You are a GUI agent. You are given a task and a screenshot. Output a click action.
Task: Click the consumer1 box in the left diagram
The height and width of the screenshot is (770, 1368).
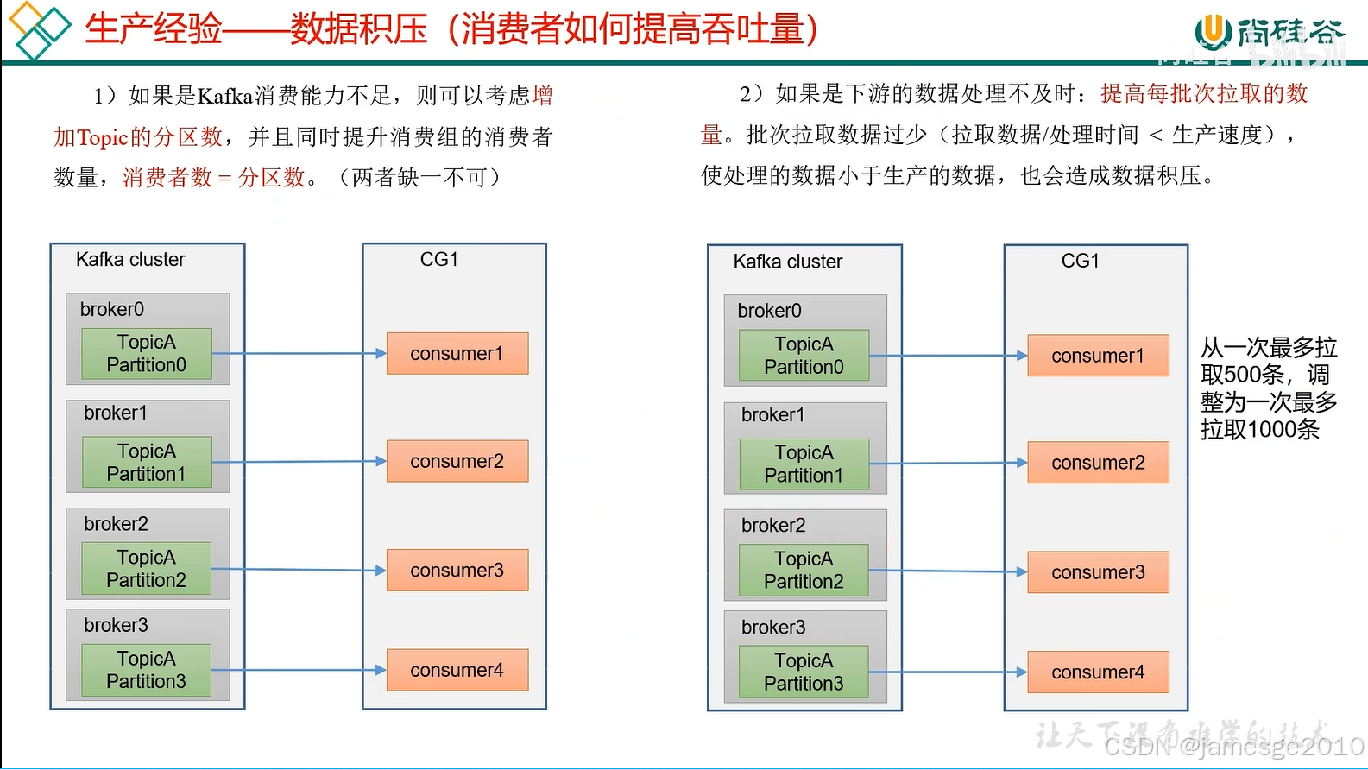coord(457,353)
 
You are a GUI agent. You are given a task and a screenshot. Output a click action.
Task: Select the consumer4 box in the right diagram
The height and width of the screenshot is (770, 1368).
coord(1098,672)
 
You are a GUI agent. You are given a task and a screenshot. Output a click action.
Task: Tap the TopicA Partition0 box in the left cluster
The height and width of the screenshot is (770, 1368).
coord(147,354)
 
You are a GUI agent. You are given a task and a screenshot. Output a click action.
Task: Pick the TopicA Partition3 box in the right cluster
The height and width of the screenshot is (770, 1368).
coord(804,672)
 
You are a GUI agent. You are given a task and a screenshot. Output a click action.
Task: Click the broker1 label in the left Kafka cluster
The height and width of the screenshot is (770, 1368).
coord(116,413)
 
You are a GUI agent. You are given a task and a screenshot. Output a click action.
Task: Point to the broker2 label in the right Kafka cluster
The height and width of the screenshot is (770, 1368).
coord(773,526)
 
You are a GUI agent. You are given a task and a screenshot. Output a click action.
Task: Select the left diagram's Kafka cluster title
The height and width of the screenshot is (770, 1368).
coord(130,260)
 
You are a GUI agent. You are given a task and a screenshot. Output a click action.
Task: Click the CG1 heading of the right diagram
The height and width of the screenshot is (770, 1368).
coord(1080,261)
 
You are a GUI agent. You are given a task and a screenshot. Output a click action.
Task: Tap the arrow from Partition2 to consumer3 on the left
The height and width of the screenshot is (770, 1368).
coord(299,570)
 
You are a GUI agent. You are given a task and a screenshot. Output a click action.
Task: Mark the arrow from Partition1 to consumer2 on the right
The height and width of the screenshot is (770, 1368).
coord(948,464)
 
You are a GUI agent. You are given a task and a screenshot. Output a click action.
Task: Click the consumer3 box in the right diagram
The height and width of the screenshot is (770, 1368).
coord(1098,572)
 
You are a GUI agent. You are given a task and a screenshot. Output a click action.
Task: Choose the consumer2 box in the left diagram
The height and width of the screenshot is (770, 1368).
coord(457,461)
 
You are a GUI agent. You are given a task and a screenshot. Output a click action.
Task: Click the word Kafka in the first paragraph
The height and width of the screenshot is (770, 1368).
coord(224,96)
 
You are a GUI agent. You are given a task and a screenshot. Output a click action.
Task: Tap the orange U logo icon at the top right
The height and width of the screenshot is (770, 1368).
coord(1213,31)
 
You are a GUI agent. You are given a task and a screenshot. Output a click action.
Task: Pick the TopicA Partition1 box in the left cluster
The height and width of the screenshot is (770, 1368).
coord(147,463)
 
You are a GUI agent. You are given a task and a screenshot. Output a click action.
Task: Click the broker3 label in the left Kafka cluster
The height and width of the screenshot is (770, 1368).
coord(116,625)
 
